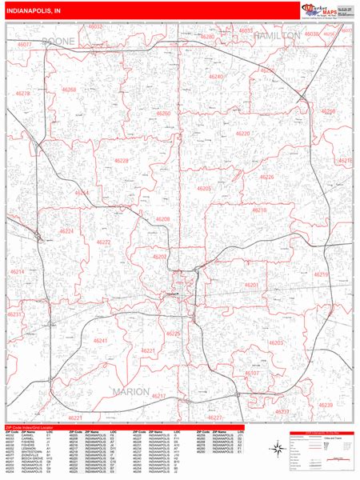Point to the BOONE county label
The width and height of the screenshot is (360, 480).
tap(58, 40)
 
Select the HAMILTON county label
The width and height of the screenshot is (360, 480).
tap(277, 36)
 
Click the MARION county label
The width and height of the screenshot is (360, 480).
tap(131, 391)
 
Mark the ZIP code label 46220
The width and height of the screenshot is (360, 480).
tap(242, 133)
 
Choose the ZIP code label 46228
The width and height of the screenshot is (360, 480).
tap(121, 161)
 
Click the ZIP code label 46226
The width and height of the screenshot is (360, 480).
tap(266, 177)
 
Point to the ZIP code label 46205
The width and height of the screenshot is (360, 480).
tap(204, 188)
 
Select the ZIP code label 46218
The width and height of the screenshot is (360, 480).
tap(260, 210)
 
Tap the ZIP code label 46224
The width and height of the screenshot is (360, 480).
tap(66, 231)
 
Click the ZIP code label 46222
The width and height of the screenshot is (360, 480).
tap(104, 242)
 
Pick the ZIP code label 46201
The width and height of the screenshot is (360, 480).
tap(250, 285)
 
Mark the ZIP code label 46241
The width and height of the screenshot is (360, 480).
tap(100, 341)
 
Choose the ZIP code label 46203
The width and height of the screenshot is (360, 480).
tap(276, 342)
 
